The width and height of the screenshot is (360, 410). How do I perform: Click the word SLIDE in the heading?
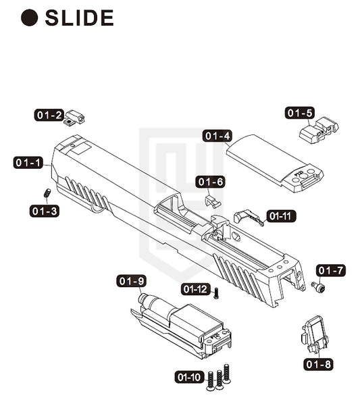(79, 18)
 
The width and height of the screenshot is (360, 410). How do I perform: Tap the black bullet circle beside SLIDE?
(30, 18)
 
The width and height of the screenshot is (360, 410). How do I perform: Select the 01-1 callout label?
(28, 163)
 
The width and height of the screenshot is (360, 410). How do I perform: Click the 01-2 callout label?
(49, 115)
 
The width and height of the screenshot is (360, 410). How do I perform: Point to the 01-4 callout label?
(217, 136)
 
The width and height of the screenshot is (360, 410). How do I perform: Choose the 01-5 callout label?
(300, 113)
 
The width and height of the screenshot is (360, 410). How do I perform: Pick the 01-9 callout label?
(131, 281)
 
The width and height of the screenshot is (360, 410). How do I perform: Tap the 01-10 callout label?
(189, 377)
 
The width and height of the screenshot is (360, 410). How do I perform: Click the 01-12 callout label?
(196, 289)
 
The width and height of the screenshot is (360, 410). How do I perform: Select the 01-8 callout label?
(318, 364)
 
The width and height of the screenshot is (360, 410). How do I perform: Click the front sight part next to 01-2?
(74, 118)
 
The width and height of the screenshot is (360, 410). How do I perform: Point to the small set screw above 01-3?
(47, 193)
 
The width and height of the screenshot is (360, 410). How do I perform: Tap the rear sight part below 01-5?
(319, 130)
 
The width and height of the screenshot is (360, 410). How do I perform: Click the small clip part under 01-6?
(213, 201)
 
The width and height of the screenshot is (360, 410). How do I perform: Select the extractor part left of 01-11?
(249, 217)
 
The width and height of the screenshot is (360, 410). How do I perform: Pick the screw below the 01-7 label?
(318, 286)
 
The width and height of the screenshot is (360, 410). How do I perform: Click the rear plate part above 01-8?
(315, 334)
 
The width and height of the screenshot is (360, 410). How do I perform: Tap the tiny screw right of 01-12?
(216, 293)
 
